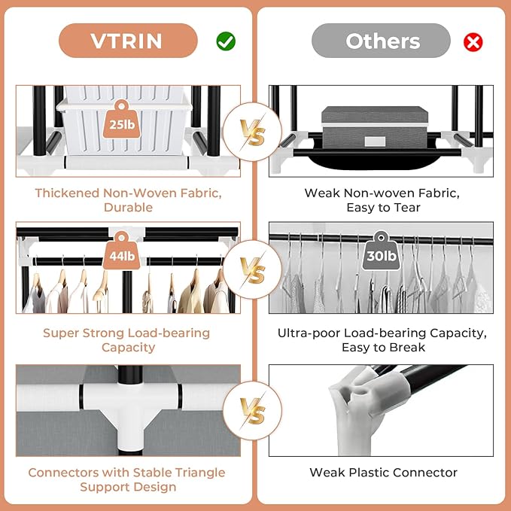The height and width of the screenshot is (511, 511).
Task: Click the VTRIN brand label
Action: coord(128,41)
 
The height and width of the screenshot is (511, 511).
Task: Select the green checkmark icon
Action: coord(226,41)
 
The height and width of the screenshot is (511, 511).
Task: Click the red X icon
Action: coord(473,41)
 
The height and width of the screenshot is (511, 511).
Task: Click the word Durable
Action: coord(127,207)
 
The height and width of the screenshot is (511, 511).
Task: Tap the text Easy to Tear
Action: coord(382,207)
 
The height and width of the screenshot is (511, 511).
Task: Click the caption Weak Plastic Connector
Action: coord(383,473)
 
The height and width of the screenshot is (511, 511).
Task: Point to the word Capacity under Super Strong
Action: coord(128,348)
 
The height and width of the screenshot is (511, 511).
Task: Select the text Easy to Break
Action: coord(382,348)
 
